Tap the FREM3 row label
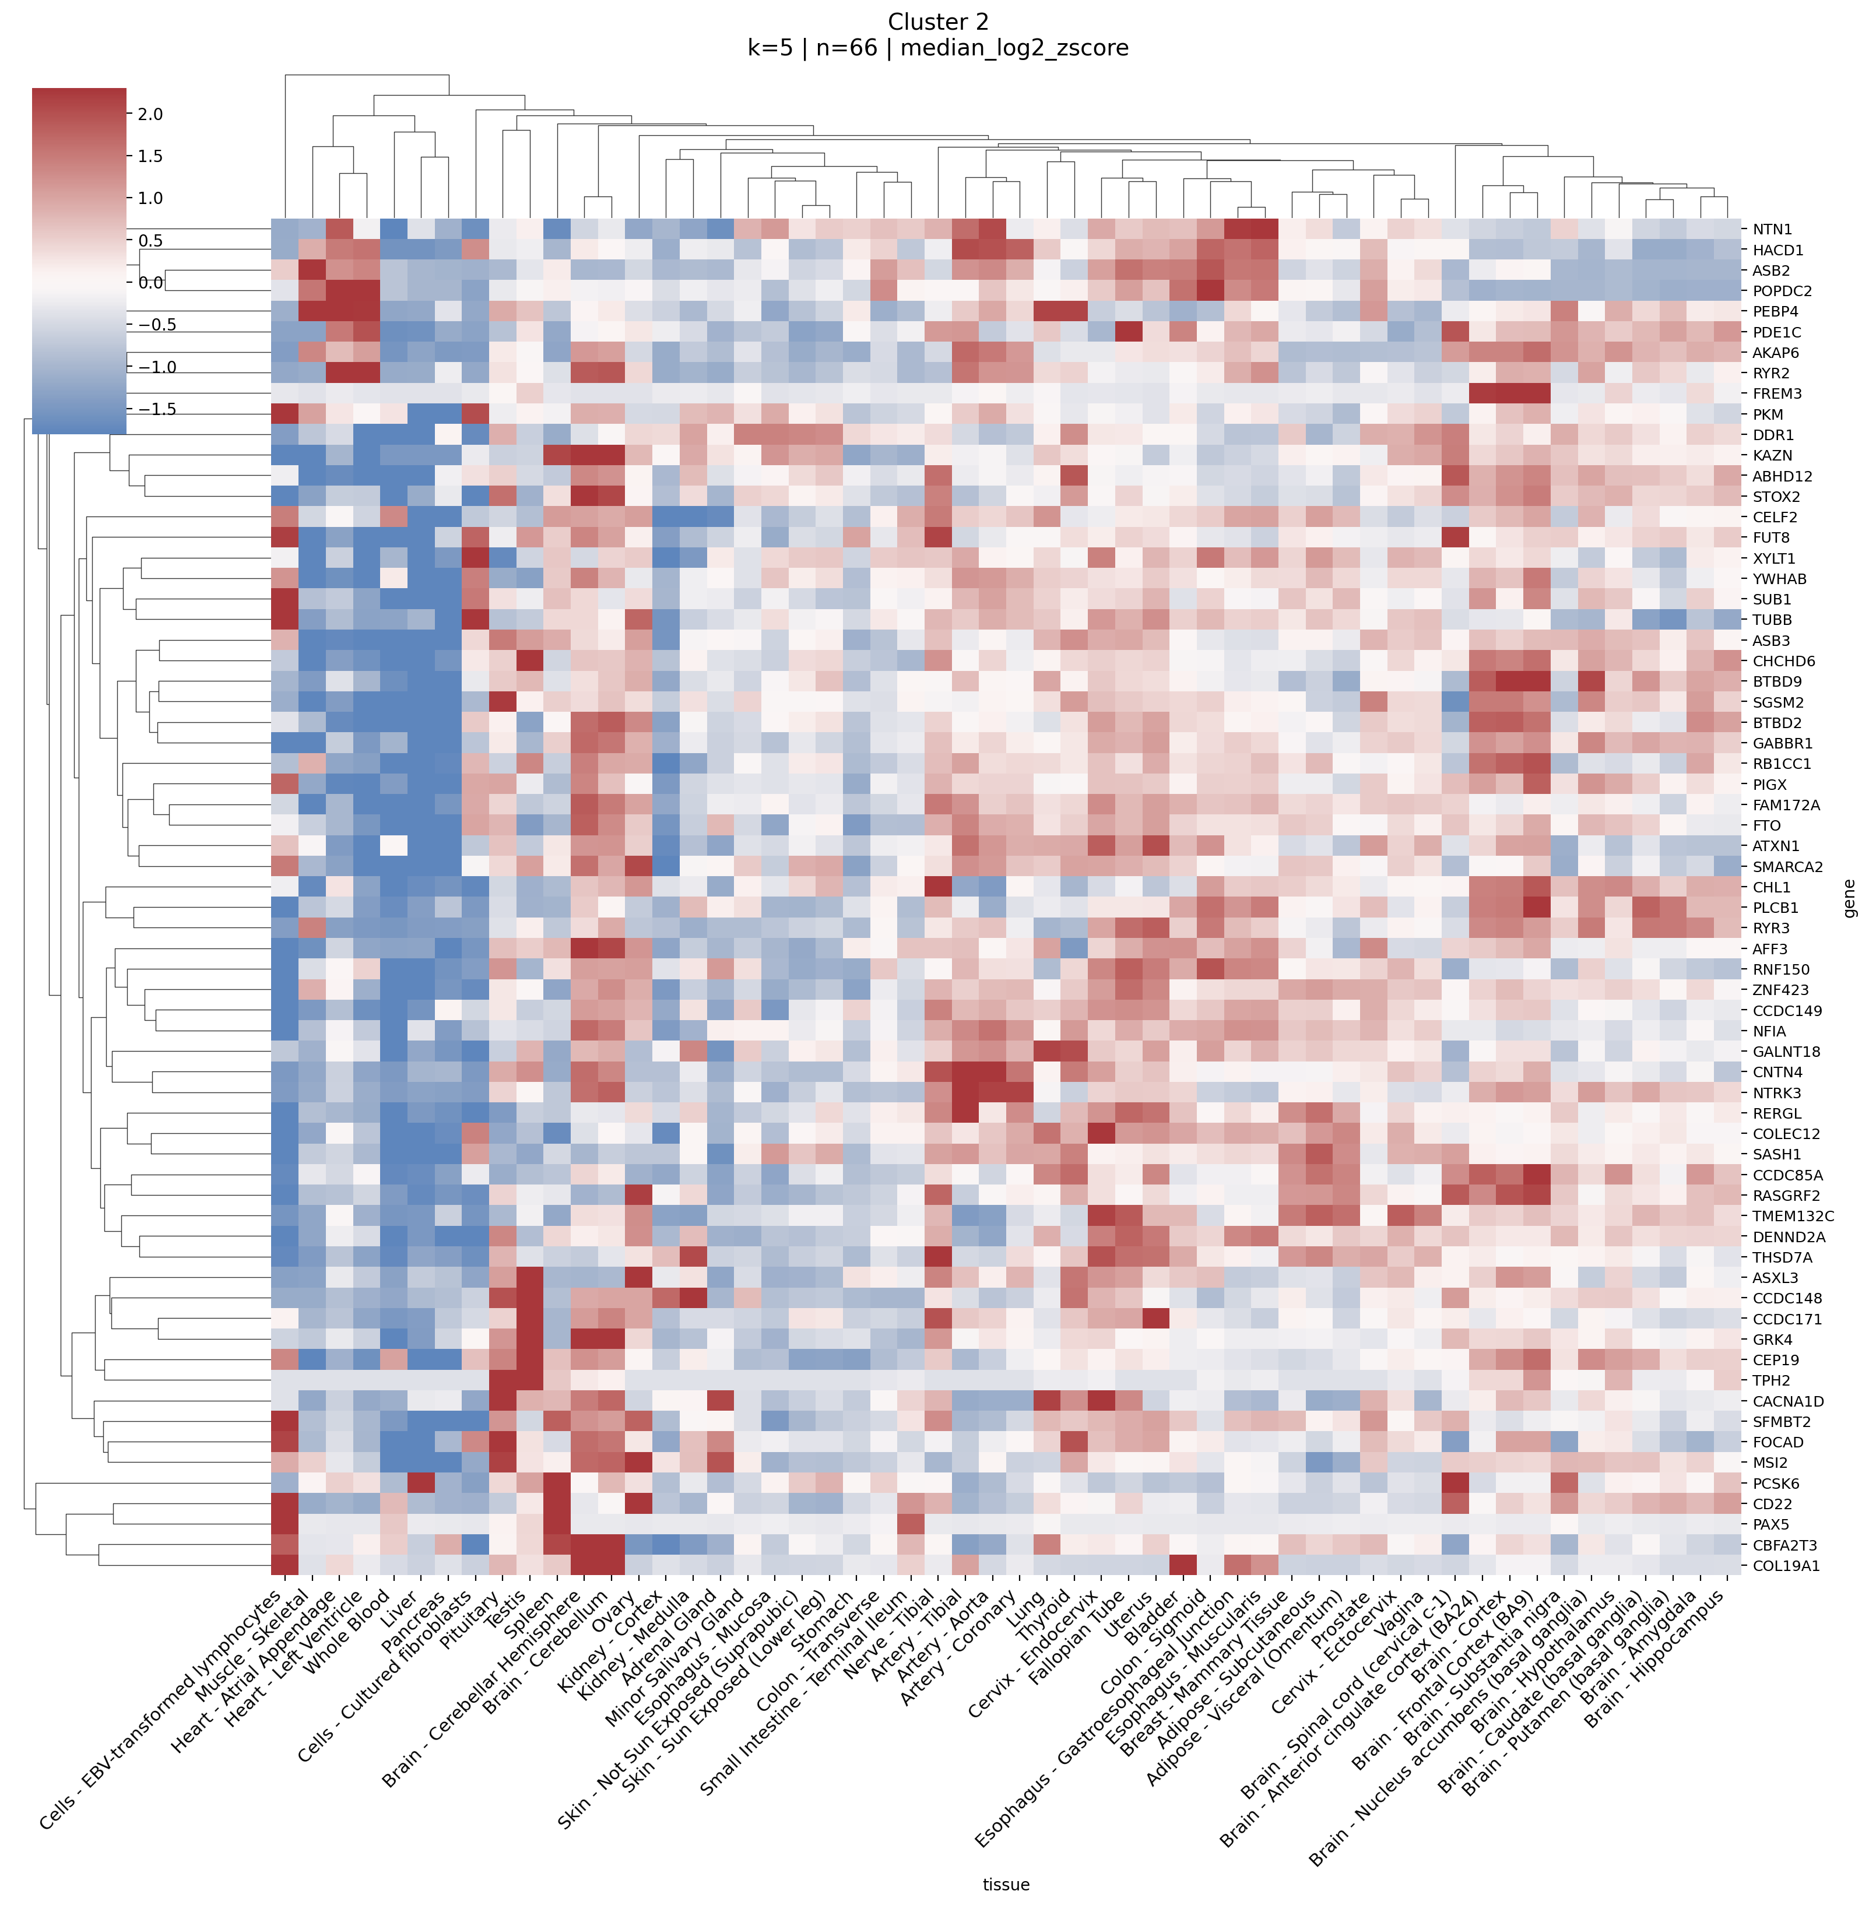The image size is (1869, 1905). [x=1777, y=393]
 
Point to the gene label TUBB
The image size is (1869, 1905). [x=1772, y=619]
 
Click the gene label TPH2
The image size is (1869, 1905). [x=1772, y=1380]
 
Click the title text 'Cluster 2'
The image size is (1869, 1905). [x=937, y=22]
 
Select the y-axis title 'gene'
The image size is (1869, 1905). [x=1849, y=898]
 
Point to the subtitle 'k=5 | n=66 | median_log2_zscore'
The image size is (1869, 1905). [x=937, y=48]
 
